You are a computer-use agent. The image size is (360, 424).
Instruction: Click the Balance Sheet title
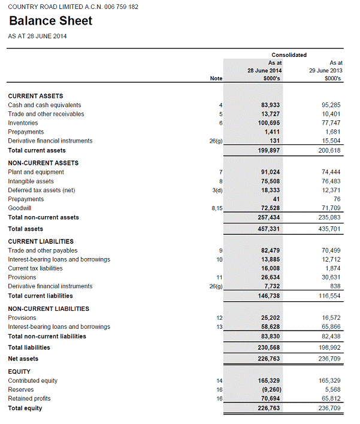[x=51, y=21]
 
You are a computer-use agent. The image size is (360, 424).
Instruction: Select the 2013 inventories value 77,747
[x=330, y=123]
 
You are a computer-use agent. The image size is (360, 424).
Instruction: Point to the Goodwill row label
[x=20, y=208]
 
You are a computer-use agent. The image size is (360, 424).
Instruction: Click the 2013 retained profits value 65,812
[x=330, y=398]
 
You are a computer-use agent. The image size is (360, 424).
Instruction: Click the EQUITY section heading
[x=19, y=371]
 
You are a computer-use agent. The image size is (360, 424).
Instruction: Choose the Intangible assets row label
[x=31, y=181]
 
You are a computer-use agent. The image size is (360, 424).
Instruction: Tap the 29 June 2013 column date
[x=325, y=71]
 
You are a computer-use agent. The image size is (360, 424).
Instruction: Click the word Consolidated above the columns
[x=289, y=55]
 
